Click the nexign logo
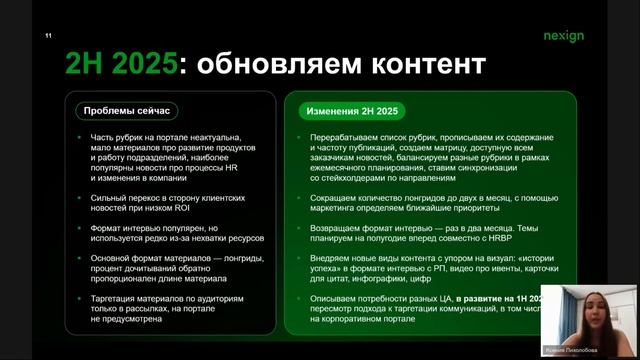pyautogui.click(x=591, y=36)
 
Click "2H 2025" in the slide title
pyautogui.click(x=121, y=66)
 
